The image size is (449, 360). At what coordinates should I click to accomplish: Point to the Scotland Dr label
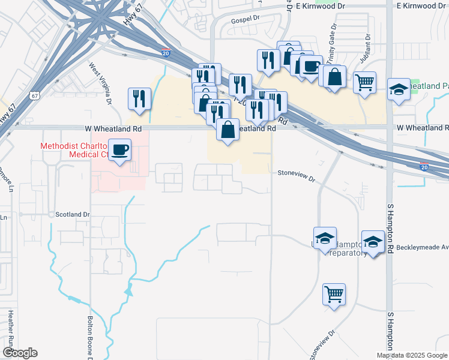72,214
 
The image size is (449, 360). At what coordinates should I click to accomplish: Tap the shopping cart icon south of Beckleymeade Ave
334,294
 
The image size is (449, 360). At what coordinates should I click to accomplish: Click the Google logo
19,353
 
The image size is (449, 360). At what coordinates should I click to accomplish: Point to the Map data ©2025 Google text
412,355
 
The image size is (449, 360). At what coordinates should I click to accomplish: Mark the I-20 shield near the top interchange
166,53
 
